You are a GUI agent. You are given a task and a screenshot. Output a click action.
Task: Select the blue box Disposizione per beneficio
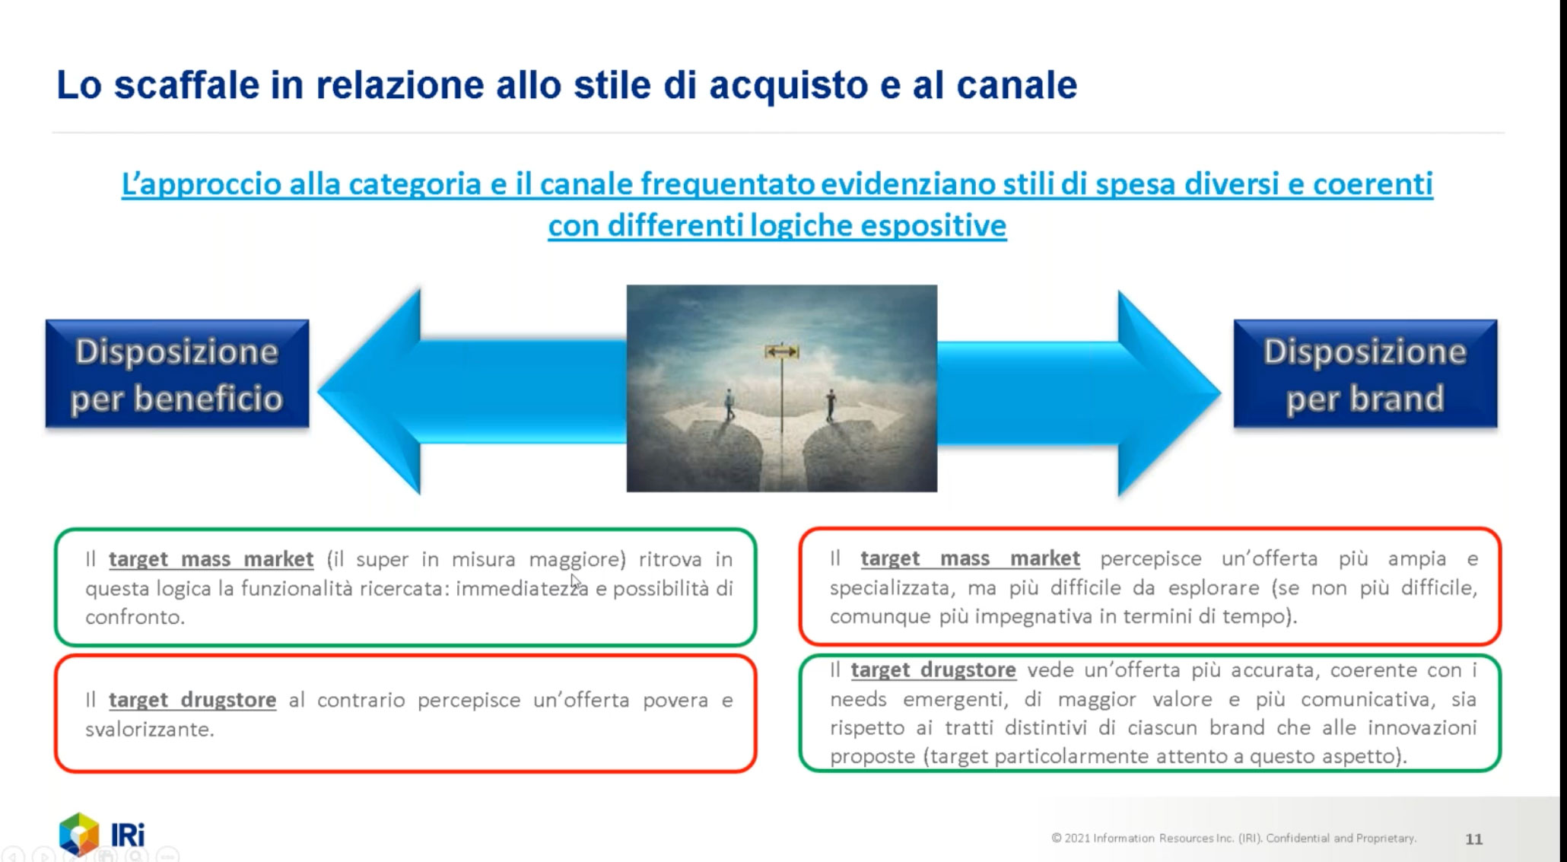pyautogui.click(x=177, y=374)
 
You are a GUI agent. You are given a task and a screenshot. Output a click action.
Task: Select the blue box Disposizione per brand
pyautogui.click(x=1365, y=374)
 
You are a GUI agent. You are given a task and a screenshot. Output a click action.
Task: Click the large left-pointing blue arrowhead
pyautogui.click(x=370, y=392)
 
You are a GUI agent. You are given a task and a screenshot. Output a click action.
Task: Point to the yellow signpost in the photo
pyautogui.click(x=782, y=351)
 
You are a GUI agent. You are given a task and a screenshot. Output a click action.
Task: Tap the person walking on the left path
pyautogui.click(x=729, y=405)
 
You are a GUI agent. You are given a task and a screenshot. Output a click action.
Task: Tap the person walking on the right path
pyautogui.click(x=831, y=405)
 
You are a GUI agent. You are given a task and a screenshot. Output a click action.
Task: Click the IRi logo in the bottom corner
pyautogui.click(x=102, y=834)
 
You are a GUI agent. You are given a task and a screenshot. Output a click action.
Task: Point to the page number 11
pyautogui.click(x=1474, y=839)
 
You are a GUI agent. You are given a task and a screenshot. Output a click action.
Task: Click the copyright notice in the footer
pyautogui.click(x=1234, y=838)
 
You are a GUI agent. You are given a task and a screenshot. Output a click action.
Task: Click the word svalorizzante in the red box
pyautogui.click(x=150, y=729)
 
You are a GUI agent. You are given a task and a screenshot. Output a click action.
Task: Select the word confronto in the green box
pyautogui.click(x=135, y=617)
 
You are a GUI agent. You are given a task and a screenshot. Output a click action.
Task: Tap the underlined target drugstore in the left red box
pyautogui.click(x=192, y=700)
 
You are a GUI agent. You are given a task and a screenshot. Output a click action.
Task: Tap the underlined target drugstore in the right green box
pyautogui.click(x=933, y=670)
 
